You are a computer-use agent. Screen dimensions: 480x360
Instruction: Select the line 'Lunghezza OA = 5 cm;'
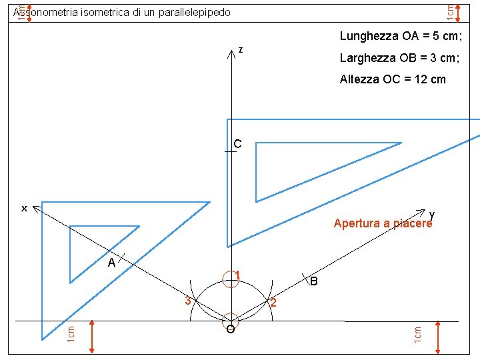pos(401,36)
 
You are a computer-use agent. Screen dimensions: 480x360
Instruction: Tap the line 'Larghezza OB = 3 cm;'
pos(399,58)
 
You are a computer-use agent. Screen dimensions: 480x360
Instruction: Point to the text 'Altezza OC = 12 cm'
pos(393,79)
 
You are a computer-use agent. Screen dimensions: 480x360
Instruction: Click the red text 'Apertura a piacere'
pos(383,223)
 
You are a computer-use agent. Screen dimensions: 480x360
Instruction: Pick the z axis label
pos(240,49)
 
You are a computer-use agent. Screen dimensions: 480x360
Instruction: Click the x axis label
pos(24,209)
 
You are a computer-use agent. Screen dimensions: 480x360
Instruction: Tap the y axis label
pos(432,214)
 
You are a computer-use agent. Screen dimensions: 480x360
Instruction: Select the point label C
pos(237,143)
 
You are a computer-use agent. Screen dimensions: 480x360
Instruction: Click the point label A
pos(112,263)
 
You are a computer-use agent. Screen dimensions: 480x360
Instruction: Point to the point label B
pos(314,282)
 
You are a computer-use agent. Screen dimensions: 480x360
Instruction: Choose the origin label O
pos(230,330)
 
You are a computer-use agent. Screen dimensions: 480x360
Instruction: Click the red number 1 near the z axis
pos(237,275)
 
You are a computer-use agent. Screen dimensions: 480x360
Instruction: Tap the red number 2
pos(273,303)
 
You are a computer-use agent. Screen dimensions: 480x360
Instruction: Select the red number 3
pos(188,301)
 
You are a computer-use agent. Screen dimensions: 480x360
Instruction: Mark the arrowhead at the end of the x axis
pos(36,209)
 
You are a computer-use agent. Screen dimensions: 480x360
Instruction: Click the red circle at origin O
pos(231,321)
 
